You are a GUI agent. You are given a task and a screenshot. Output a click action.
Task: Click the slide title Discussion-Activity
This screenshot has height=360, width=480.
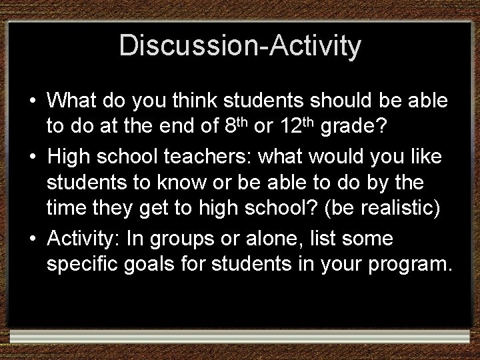coord(240,46)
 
